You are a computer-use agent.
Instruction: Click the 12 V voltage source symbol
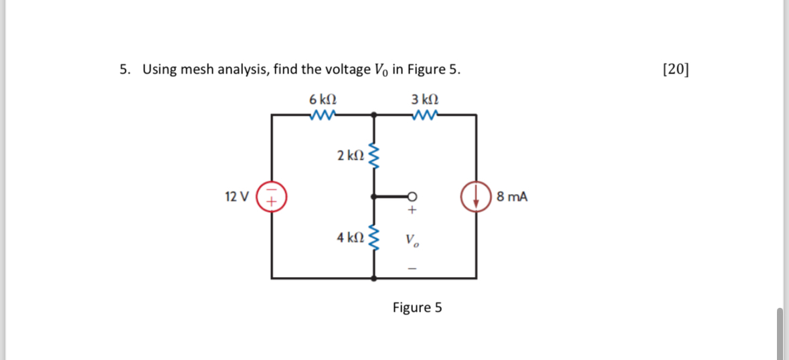click(x=272, y=197)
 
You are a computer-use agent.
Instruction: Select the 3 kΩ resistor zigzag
click(x=425, y=115)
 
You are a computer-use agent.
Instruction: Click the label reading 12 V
click(x=237, y=197)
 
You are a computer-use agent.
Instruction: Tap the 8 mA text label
click(x=512, y=197)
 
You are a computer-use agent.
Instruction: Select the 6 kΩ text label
click(x=323, y=99)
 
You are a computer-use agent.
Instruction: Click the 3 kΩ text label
click(x=425, y=99)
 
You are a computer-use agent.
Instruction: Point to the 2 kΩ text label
click(x=350, y=156)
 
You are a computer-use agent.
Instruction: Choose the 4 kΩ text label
click(x=350, y=238)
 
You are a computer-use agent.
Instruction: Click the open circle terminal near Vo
click(x=412, y=197)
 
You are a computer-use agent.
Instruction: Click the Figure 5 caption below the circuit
click(x=417, y=308)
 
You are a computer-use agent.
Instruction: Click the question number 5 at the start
click(x=124, y=69)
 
